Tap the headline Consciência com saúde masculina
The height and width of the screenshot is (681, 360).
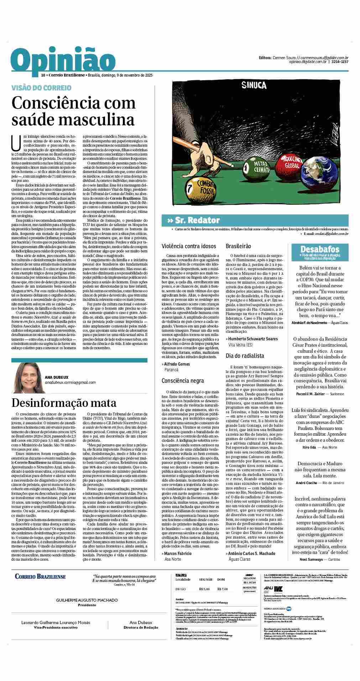point(73,111)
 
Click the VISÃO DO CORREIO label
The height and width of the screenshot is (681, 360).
point(41,88)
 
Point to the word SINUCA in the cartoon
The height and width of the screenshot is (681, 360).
point(254,85)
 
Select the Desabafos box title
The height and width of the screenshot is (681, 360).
point(320,249)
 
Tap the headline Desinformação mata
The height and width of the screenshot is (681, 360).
point(64,403)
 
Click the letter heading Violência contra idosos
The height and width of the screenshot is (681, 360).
point(189,246)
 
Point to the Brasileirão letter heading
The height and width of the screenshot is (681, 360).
point(239,246)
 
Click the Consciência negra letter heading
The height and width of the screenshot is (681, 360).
point(183,381)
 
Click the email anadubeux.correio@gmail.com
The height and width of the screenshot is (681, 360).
point(70,382)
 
